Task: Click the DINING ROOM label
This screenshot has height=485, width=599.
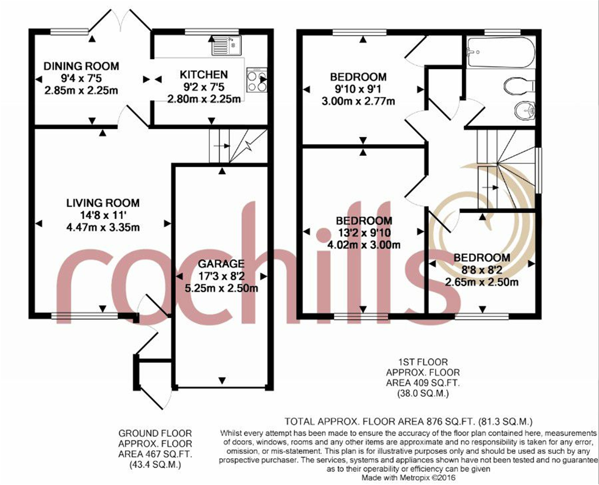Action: point(81,66)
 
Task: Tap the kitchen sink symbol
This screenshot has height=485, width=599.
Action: point(226,45)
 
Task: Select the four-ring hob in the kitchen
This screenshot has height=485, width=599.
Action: point(257,80)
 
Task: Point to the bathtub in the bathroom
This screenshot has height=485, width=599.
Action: point(500,52)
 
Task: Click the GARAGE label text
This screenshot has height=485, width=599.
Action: point(221,264)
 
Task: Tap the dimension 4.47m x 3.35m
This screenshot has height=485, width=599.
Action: point(103,227)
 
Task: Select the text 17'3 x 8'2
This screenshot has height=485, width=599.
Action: point(221,276)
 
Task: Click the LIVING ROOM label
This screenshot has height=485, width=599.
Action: point(103,203)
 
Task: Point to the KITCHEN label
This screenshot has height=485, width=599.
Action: point(204,75)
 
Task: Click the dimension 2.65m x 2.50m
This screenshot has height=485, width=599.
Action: point(482,282)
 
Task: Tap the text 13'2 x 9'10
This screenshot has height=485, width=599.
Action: point(364,233)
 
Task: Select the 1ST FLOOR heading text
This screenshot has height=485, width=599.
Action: point(423,362)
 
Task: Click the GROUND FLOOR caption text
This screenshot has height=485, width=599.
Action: point(155,434)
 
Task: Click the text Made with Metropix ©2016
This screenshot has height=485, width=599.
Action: point(409,477)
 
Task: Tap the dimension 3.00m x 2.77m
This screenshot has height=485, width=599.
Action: point(358,101)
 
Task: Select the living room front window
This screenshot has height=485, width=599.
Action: point(85,316)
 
